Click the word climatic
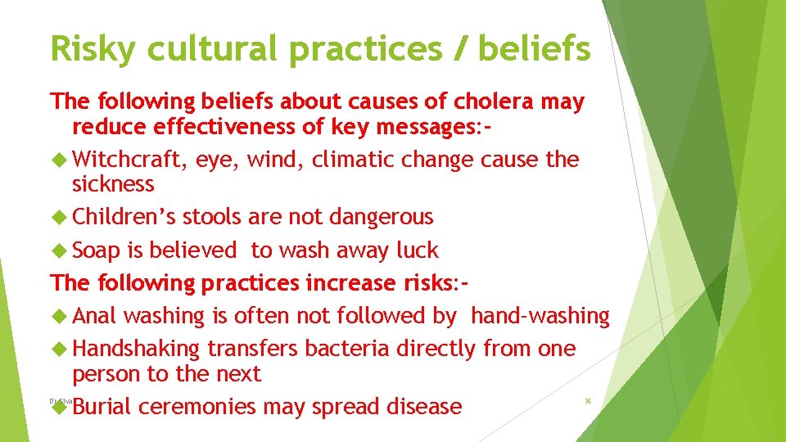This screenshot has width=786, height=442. coord(357,160)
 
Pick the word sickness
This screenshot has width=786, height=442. coord(113,184)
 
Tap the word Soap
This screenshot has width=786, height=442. coord(97,250)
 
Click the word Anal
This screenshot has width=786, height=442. coord(96,316)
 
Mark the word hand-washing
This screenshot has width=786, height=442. coord(540,316)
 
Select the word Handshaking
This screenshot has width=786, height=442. coord(136,349)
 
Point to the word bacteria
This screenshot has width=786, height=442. coord(348,349)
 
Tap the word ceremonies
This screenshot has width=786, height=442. coord(202,407)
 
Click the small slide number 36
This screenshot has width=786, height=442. coord(587,401)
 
